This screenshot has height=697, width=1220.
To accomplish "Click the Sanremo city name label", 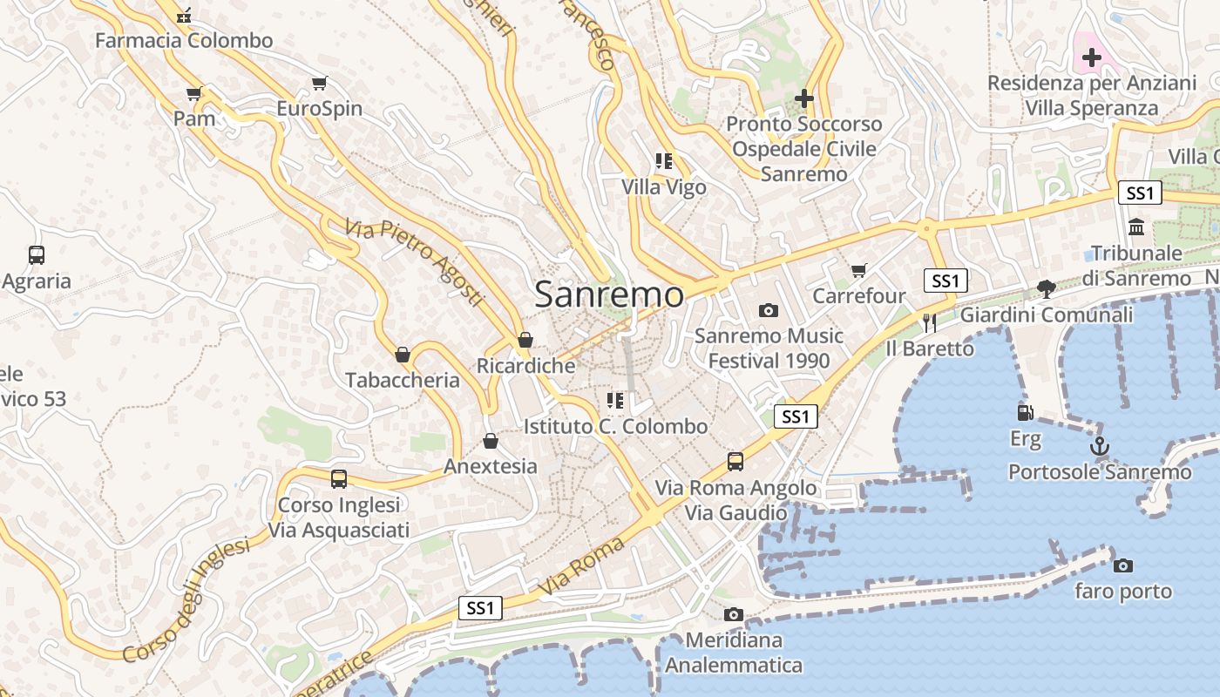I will [x=609, y=294].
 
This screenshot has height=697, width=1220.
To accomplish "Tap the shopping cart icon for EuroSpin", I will [x=319, y=84].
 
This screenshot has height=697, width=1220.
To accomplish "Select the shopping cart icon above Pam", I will [x=194, y=93].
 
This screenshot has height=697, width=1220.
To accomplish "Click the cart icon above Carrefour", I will [x=859, y=271].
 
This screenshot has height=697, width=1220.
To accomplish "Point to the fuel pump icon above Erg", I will [x=1026, y=412].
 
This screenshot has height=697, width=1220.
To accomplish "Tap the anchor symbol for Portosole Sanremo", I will [x=1100, y=446].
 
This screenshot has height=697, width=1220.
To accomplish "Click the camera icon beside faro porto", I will [x=1123, y=565].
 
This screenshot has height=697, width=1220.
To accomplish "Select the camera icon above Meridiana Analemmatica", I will [x=734, y=614].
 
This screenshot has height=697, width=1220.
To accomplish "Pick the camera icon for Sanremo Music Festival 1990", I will [x=769, y=310].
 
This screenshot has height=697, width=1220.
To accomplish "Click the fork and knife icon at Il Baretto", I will [x=930, y=323].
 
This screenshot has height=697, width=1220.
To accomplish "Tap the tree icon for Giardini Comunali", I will [x=1047, y=289].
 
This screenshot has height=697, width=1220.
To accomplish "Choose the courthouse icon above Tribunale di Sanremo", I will [x=1136, y=227].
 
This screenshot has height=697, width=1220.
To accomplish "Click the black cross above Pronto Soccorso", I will [x=803, y=98].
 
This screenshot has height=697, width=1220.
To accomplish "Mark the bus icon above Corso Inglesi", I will [x=338, y=478].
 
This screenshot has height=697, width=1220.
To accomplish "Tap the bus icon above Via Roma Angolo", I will [x=735, y=461].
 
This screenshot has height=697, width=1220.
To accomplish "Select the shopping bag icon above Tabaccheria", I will [x=403, y=355].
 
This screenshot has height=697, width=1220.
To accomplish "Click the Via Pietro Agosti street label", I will [x=414, y=262].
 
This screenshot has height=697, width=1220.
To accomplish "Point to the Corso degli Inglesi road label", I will [x=186, y=601].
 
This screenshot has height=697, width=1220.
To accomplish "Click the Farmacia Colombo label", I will [x=184, y=40].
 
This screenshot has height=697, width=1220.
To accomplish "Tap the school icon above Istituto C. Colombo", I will [x=615, y=401].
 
